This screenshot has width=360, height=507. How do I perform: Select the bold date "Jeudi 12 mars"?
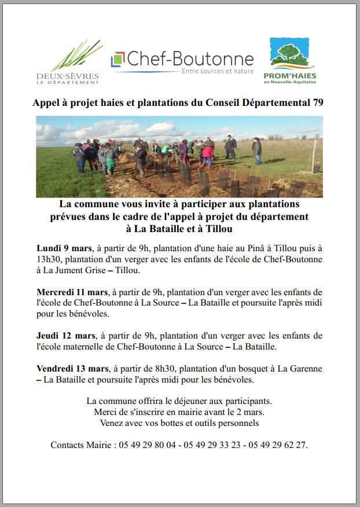pos(65,336)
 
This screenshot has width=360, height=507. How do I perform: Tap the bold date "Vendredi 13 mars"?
pos(72,369)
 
